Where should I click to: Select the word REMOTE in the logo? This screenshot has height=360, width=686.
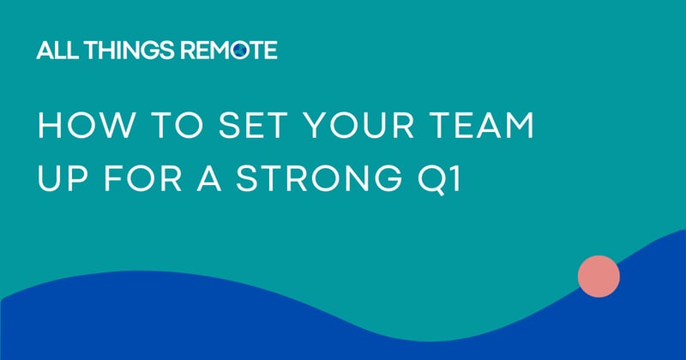226,51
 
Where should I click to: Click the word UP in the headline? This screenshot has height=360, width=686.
56,180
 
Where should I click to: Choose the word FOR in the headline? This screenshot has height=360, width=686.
134,180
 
